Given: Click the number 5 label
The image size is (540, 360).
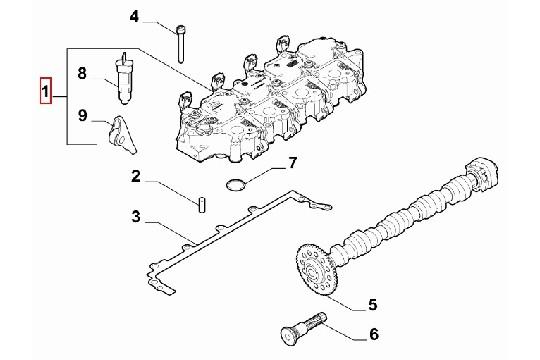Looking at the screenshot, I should click(x=372, y=304).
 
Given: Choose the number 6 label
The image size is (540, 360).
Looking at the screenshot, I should click(x=373, y=337).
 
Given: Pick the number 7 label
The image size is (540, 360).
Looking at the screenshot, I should click(x=292, y=162).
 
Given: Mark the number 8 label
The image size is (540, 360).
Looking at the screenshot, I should click(x=83, y=74).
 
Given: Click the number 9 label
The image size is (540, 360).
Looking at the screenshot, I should click(x=83, y=117).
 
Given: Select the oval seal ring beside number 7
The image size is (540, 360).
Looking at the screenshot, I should click(x=236, y=184).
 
